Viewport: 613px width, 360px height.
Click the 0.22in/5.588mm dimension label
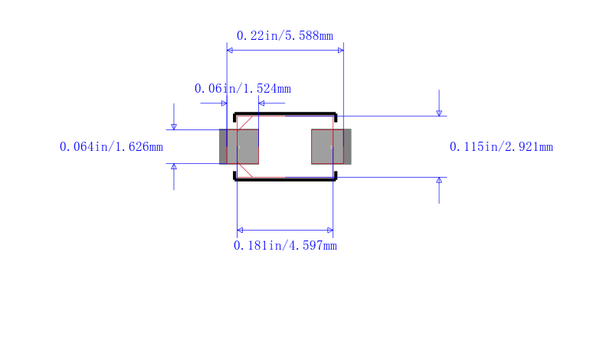284,36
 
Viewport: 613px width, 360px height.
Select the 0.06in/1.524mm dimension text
242,89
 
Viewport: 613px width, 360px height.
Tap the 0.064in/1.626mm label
111,147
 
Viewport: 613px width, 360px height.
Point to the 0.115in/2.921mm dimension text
501,147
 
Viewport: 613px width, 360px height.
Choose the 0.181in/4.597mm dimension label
285,246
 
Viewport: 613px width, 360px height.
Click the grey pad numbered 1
239,146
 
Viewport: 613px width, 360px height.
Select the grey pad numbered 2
331,146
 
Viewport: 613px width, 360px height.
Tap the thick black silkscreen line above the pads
285,114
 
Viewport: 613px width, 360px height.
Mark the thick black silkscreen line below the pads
285,180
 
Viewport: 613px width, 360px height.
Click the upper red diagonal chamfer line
244,123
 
